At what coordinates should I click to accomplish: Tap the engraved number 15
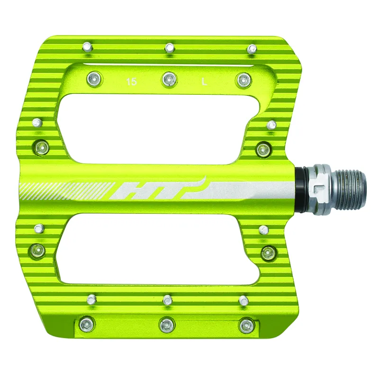coord(132,82)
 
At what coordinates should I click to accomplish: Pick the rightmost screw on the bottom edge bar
coord(246,325)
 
